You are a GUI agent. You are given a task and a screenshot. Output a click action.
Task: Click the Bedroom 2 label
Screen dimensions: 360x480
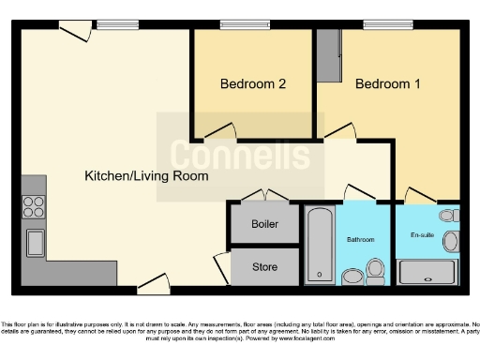pos(252,83)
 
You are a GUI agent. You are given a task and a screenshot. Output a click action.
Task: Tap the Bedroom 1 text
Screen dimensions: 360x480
pos(387,83)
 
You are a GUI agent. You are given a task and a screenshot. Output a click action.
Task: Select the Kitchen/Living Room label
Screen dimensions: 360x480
pos(146,175)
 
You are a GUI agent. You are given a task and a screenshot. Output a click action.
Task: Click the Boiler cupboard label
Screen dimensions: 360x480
pos(265,225)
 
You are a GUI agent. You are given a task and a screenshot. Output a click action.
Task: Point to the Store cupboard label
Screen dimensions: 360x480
pos(265,267)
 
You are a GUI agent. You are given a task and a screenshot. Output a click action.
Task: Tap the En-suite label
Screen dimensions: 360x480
pos(422,234)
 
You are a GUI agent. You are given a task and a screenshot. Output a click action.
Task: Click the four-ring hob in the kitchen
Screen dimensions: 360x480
pos(34,205)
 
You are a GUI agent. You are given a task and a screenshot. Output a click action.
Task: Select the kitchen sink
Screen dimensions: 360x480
pos(35,243)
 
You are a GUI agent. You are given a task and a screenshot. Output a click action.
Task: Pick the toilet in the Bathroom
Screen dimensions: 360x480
pos(376,272)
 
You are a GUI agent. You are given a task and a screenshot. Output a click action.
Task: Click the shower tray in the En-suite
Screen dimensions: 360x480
pos(427,273)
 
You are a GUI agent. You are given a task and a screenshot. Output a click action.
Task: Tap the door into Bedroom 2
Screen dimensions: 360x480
pos(217,132)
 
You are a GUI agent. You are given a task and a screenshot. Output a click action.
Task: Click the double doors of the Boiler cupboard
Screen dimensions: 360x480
pos(265,195)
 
